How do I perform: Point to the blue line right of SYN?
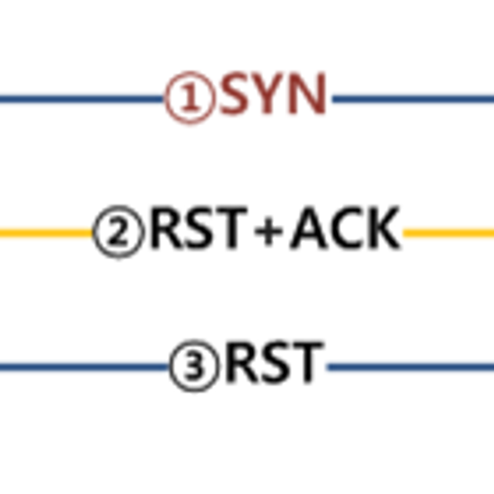click(412, 100)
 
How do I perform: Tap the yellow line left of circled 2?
click(45, 233)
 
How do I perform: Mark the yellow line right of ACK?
click(449, 233)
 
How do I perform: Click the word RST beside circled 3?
click(273, 364)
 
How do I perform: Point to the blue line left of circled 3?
click(82, 366)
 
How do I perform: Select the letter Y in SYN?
click(272, 97)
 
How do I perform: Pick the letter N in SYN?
click(308, 97)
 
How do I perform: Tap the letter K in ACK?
click(382, 231)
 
